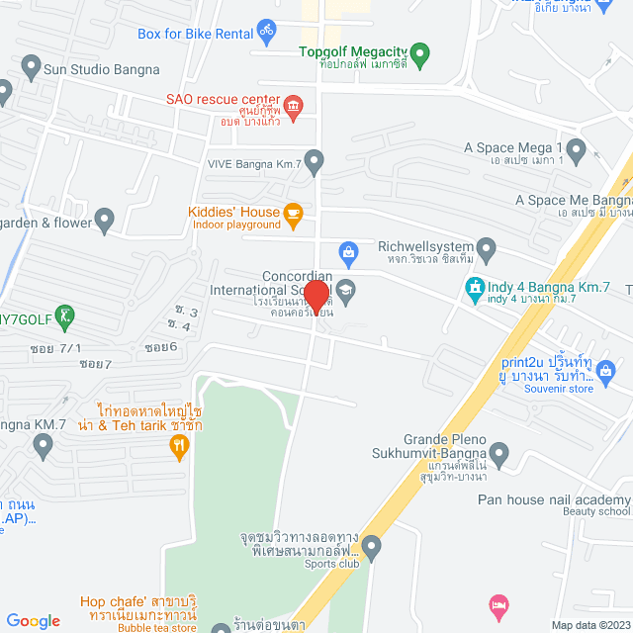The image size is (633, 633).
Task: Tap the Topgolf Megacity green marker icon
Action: (x=419, y=52)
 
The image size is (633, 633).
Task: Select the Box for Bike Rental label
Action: (x=195, y=33)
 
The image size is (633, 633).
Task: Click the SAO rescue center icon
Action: (x=292, y=105)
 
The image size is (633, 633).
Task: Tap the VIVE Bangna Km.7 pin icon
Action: (x=315, y=159)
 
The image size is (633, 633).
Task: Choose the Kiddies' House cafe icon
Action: (x=292, y=213)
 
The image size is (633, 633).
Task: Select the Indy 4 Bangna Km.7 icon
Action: (x=474, y=288)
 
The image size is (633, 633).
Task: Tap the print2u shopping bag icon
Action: (x=606, y=371)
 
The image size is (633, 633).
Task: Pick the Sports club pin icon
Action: (x=371, y=546)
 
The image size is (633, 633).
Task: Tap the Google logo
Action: (x=33, y=621)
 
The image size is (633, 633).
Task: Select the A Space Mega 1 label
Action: (x=512, y=148)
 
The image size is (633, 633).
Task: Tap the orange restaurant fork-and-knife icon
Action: (x=178, y=447)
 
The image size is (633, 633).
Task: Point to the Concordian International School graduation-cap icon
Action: (x=345, y=289)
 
